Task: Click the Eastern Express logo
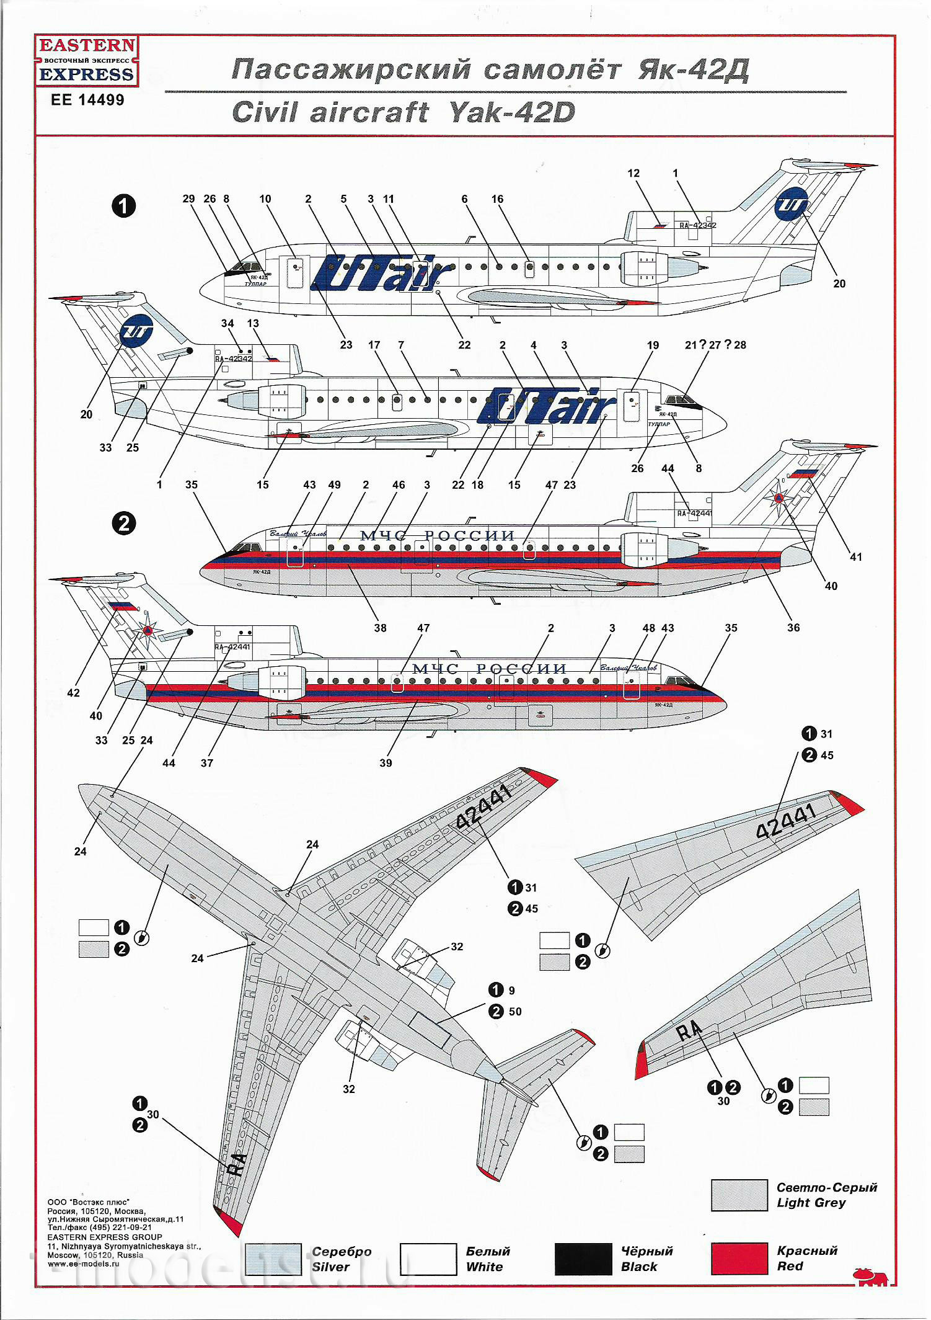[87, 61]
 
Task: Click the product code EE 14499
[87, 100]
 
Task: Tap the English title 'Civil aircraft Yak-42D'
[403, 112]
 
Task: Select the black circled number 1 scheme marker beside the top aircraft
[123, 206]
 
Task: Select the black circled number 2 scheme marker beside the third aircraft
[123, 524]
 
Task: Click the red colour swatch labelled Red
[739, 1259]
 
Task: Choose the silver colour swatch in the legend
[273, 1259]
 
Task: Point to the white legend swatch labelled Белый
[428, 1259]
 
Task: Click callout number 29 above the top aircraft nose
[188, 199]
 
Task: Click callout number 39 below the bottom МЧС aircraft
[386, 763]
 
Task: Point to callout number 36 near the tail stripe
[793, 628]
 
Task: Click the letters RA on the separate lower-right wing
[689, 1030]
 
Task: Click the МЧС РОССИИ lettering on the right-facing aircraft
[438, 536]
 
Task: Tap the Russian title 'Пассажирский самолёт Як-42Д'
[490, 70]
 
